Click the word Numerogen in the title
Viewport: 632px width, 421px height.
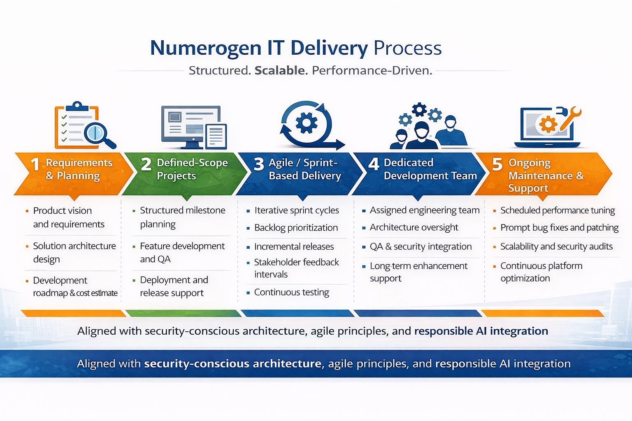click(x=205, y=48)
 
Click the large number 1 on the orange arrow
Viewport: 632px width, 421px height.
click(x=35, y=165)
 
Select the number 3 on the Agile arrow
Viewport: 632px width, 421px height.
click(x=259, y=164)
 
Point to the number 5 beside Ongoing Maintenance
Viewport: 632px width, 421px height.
click(x=497, y=164)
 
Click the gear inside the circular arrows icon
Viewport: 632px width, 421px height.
click(x=307, y=123)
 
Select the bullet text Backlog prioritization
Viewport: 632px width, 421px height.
click(x=296, y=228)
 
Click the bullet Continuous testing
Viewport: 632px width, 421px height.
click(x=291, y=292)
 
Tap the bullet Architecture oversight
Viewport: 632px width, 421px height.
click(x=414, y=227)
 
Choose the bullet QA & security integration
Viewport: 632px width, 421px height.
click(x=421, y=247)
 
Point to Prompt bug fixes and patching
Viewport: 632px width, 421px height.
click(x=559, y=228)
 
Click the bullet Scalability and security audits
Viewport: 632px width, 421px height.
click(x=556, y=247)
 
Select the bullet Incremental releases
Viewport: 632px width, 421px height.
click(x=294, y=247)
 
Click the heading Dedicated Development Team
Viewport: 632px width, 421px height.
click(x=430, y=169)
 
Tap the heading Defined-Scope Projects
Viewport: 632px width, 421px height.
click(x=192, y=169)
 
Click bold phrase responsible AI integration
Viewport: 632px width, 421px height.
click(x=481, y=331)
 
